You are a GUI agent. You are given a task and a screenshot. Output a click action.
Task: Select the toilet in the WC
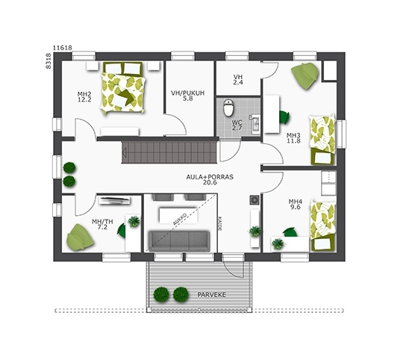click(228, 108)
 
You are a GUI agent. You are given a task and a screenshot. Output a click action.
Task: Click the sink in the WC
click(256, 124)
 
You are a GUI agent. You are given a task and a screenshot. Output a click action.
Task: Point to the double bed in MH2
click(123, 88)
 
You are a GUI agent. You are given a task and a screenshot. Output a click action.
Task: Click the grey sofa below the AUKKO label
click(179, 241)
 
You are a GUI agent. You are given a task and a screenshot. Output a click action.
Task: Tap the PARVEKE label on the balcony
click(211, 295)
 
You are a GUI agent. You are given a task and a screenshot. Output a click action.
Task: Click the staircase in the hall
click(169, 152)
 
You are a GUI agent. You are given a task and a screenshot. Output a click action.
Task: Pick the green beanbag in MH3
click(305, 75)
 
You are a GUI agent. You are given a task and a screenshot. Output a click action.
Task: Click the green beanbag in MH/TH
click(80, 237)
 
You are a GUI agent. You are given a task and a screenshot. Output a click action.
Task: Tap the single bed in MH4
click(323, 226)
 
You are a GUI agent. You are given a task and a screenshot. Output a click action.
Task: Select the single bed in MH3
click(323, 140)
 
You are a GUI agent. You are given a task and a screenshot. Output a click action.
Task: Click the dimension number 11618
click(63, 48)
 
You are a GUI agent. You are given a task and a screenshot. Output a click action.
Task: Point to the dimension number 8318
click(49, 61)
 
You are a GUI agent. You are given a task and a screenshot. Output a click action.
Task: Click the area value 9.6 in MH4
click(296, 207)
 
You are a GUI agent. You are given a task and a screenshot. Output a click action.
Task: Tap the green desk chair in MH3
click(284, 117)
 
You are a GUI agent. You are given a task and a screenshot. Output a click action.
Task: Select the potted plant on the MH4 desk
click(278, 243)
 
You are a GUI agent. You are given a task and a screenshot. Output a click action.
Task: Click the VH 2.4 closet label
click(238, 80)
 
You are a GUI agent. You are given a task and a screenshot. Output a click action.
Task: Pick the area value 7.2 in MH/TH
click(102, 227)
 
